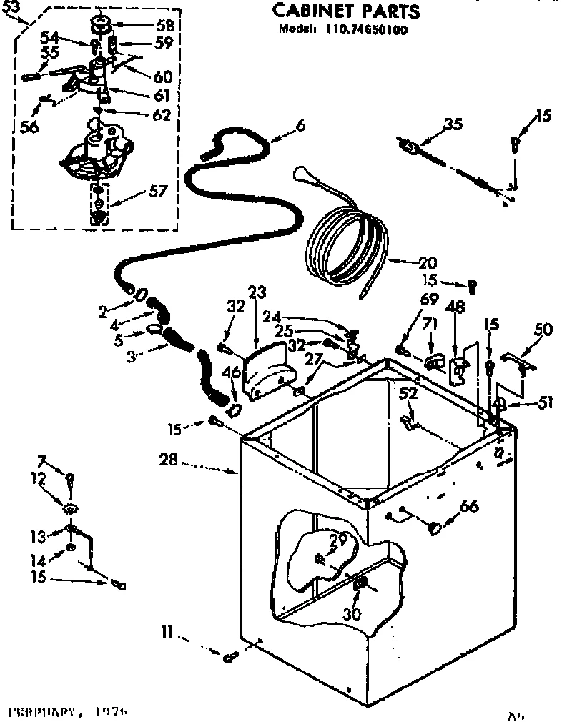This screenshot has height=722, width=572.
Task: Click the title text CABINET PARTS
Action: (x=346, y=12)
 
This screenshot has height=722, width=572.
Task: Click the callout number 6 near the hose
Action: (x=300, y=126)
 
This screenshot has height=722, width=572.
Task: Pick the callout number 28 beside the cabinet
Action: (x=169, y=463)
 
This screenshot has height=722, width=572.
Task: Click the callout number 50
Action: (x=543, y=329)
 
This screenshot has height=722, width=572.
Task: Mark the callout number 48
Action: (x=455, y=307)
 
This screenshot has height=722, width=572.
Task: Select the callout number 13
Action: (x=57, y=536)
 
